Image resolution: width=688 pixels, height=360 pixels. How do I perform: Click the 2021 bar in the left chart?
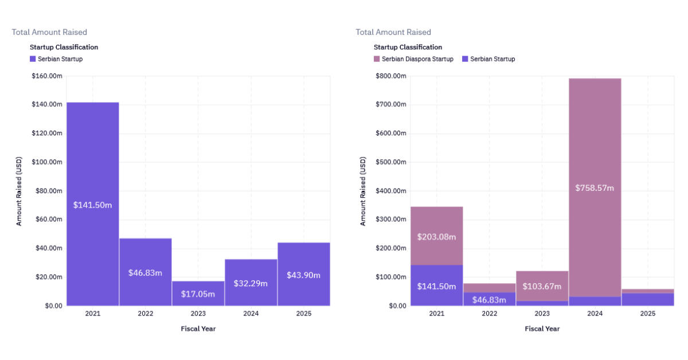tap(92, 172)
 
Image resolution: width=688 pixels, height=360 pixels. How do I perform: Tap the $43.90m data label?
tap(303, 275)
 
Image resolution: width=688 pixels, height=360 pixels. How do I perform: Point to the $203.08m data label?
tap(436, 237)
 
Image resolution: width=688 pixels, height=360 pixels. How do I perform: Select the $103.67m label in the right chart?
tap(542, 286)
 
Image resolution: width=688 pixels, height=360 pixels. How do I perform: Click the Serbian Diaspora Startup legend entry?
tap(413, 59)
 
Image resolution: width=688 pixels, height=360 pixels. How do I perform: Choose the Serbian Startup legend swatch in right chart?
tap(466, 59)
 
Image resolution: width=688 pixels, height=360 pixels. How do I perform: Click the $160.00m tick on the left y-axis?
tap(47, 76)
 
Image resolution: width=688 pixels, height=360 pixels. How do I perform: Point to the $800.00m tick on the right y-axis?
tap(391, 76)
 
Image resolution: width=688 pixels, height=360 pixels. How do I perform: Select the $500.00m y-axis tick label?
tap(391, 162)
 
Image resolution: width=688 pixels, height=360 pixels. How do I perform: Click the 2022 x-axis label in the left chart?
tap(145, 314)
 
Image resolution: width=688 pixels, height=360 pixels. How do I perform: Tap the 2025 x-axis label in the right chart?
tap(647, 314)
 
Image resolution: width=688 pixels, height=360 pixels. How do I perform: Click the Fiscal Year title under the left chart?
tap(198, 328)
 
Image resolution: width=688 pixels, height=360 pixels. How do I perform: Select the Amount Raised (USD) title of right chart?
tap(363, 191)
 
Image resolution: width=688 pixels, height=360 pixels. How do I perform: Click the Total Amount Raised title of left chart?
tap(49, 32)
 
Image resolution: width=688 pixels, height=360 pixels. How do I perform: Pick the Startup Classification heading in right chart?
tap(408, 47)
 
